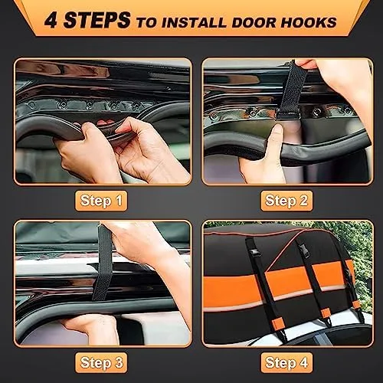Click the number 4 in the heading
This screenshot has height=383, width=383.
click(52, 21)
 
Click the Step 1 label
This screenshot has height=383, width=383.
click(102, 201)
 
